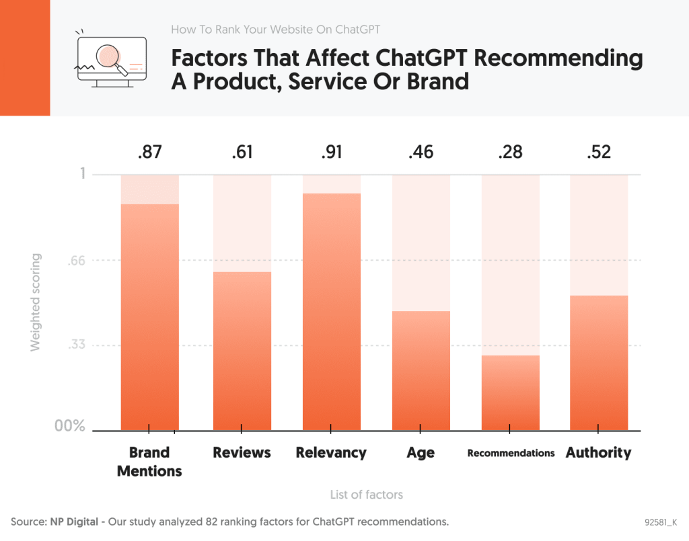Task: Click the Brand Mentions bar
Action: pyautogui.click(x=149, y=317)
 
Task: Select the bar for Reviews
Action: pyautogui.click(x=242, y=350)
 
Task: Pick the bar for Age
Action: pyautogui.click(x=421, y=370)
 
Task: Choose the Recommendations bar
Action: pyautogui.click(x=511, y=392)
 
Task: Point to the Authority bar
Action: pyautogui.click(x=599, y=362)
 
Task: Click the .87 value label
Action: pyautogui.click(x=149, y=152)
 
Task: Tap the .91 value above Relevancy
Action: pyautogui.click(x=331, y=152)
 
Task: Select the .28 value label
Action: pyautogui.click(x=511, y=152)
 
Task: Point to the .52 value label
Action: pyautogui.click(x=599, y=152)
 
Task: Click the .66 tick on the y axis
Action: pyautogui.click(x=77, y=261)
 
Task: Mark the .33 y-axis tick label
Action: pyautogui.click(x=77, y=345)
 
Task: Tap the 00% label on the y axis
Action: pyautogui.click(x=70, y=426)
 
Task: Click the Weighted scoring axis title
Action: pyautogui.click(x=36, y=302)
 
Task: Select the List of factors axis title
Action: pyautogui.click(x=366, y=495)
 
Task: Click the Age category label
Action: pyautogui.click(x=421, y=452)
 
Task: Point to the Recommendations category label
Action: pyautogui.click(x=511, y=453)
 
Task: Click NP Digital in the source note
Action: pyautogui.click(x=74, y=522)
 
